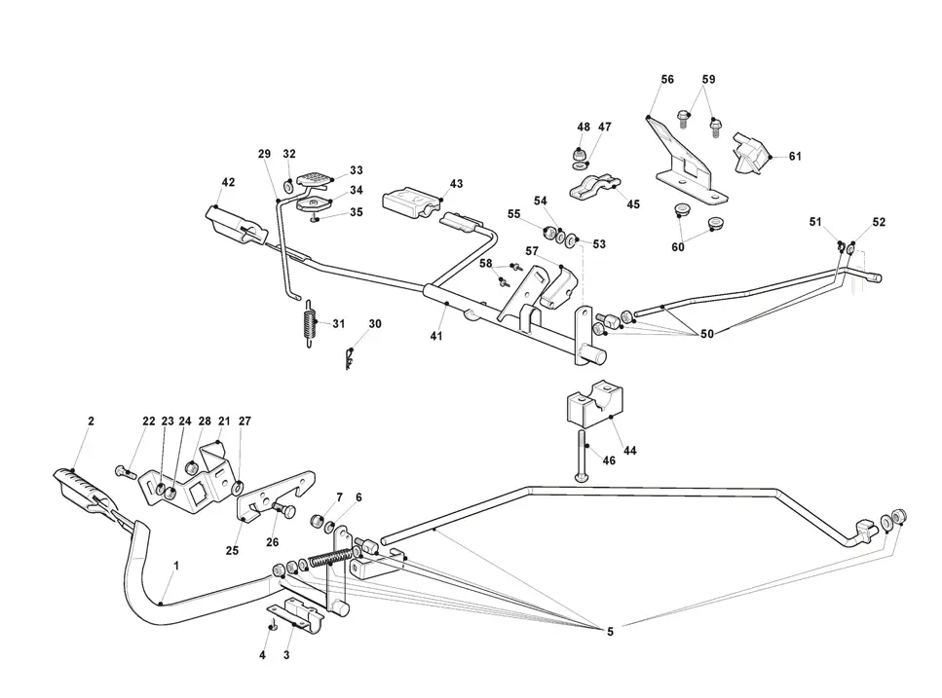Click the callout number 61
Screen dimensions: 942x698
point(795,156)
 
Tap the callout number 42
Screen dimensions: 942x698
point(228,182)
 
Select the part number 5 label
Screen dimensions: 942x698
point(611,632)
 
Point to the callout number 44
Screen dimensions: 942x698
point(629,450)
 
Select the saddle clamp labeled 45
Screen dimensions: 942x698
point(594,186)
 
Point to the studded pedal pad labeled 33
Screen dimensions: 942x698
point(315,179)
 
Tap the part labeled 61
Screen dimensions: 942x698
point(751,153)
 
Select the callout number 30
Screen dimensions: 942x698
point(375,324)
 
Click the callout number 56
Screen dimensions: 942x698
point(667,79)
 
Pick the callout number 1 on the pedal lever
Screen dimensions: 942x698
point(176,566)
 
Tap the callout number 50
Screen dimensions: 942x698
point(707,334)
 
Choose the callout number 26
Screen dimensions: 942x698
point(272,542)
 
